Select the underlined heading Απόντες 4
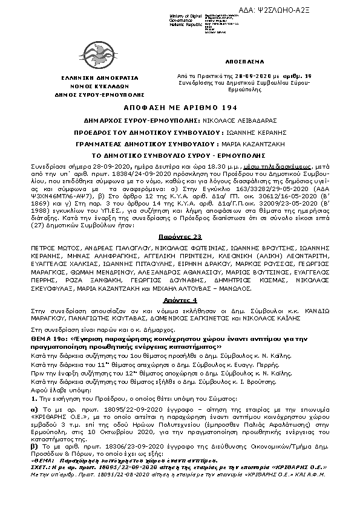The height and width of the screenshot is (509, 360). click(179, 300)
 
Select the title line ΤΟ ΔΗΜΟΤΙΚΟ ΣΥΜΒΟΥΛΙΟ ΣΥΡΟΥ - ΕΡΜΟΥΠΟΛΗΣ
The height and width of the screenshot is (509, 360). click(179, 156)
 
